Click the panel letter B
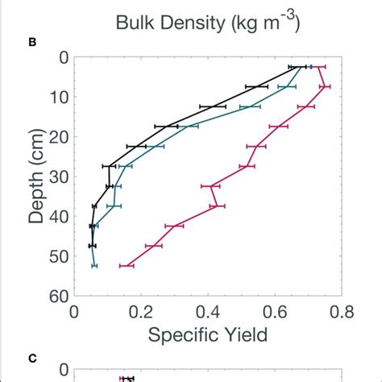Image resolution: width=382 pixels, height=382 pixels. [33, 40]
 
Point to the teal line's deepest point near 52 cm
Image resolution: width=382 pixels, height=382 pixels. [94, 265]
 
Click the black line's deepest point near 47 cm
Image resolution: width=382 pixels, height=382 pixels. [92, 245]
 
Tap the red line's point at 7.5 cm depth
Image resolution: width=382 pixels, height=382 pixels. [325, 86]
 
